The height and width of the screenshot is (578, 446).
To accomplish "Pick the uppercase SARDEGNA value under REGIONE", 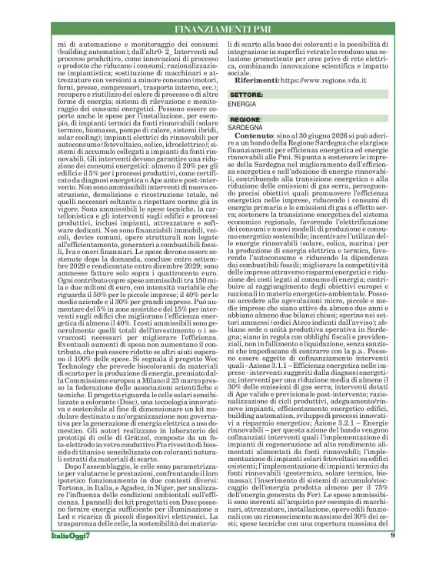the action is coord(247,130).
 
